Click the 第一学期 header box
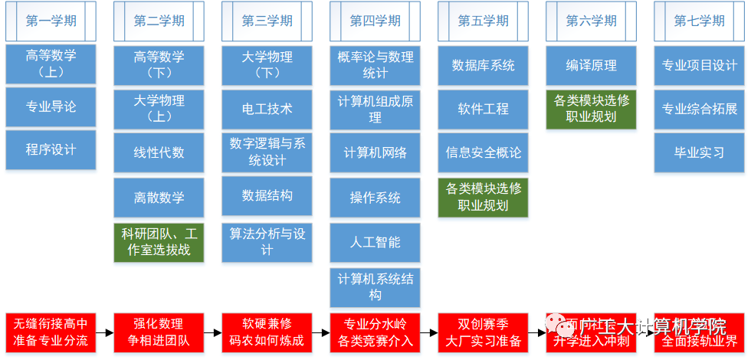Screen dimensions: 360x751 coord(51,21)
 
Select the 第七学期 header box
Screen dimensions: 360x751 coord(699,21)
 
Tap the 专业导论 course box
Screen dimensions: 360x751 coord(51,107)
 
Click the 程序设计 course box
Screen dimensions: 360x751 coord(51,150)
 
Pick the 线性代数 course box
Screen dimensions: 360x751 coord(159,152)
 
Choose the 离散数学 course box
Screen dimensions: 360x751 coord(159,198)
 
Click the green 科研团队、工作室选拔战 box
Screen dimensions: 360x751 coord(159,241)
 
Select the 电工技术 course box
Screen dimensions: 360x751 coord(267,109)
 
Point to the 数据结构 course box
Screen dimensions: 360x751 coord(267,196)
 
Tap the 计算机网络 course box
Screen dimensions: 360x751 coord(375,152)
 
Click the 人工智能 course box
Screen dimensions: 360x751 coord(375,242)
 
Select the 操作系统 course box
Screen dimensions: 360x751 coord(375,198)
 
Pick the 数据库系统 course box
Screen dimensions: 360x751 coord(484,65)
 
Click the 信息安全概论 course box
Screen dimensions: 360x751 coord(484,152)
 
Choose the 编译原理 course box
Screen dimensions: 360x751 coord(592,65)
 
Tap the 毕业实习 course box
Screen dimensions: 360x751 coord(699,152)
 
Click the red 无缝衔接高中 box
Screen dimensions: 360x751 coord(51,332)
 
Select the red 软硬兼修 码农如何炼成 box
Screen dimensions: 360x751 coord(267,332)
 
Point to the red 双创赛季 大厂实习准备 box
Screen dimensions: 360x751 coord(484,332)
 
